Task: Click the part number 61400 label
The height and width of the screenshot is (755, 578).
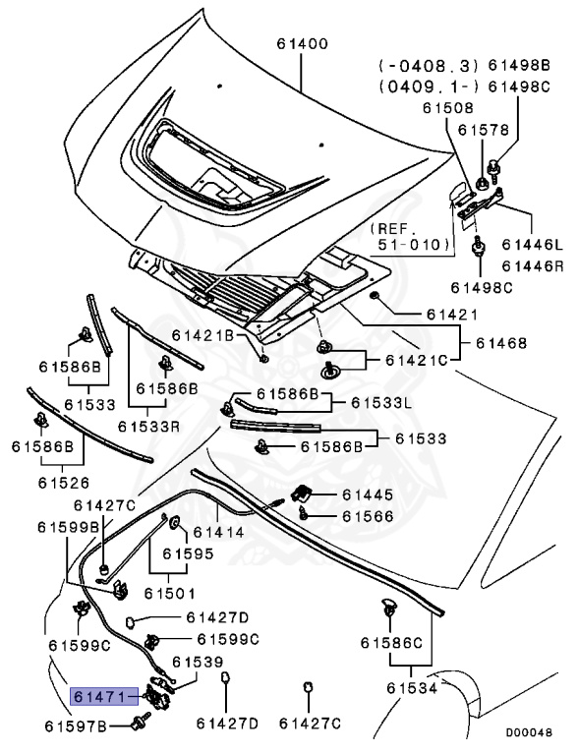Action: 303,44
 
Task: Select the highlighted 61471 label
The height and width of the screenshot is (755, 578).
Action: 104,697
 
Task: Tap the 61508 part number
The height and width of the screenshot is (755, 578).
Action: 448,108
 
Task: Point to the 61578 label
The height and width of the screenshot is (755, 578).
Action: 483,130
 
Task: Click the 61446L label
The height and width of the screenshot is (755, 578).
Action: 532,245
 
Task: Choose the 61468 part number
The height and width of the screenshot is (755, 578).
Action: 501,343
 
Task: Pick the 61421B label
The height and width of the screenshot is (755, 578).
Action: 202,335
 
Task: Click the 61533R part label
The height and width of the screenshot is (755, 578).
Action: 148,426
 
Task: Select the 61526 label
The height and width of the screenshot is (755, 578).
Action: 64,483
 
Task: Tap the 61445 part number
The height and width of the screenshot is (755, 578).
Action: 368,494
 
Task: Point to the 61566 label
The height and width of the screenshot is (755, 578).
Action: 368,516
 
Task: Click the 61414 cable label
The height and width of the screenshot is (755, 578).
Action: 218,532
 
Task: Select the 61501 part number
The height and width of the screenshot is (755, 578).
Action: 170,593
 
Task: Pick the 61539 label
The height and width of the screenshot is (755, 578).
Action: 198,662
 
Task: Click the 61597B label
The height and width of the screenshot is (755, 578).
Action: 75,726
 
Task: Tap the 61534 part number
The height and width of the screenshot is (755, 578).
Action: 412,688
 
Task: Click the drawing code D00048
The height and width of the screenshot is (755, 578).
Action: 529,732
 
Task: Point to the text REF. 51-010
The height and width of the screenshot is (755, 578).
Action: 409,236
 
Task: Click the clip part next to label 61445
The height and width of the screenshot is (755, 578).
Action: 301,493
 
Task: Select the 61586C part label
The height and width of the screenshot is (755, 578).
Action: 391,642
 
